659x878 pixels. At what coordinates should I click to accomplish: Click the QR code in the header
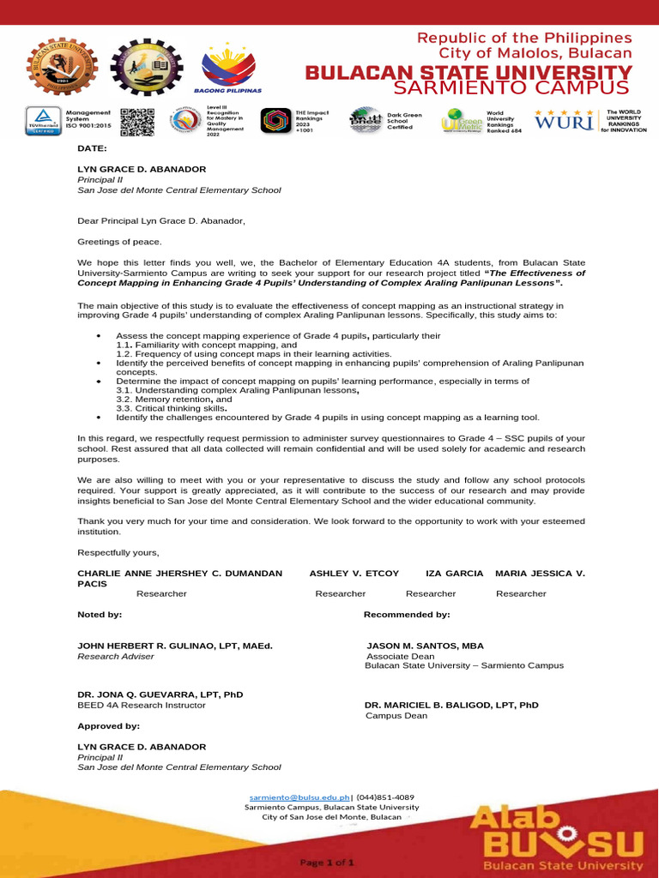(136, 123)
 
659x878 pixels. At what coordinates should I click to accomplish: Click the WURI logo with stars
(564, 121)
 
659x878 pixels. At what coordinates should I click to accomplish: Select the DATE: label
(92, 148)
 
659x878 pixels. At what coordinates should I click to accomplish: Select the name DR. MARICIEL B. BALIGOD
(451, 705)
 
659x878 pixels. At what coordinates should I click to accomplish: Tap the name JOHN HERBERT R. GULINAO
(175, 645)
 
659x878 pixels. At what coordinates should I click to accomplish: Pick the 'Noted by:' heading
(100, 615)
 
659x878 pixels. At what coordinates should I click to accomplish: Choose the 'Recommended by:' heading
(407, 615)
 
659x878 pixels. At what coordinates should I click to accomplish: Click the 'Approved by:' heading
(103, 726)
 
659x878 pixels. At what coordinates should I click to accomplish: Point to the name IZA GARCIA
(454, 572)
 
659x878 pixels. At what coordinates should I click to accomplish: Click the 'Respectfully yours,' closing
(118, 551)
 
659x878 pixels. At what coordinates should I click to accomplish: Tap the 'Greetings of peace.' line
(119, 242)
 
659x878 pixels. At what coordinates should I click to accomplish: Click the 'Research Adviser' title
(116, 656)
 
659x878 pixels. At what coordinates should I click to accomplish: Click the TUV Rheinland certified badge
(43, 123)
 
